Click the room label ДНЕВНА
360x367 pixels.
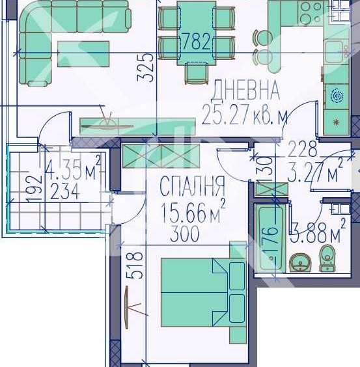click(x=246, y=89)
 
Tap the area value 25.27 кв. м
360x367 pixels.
click(x=245, y=115)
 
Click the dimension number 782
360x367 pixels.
click(x=197, y=43)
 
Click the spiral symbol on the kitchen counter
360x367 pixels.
click(x=337, y=96)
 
